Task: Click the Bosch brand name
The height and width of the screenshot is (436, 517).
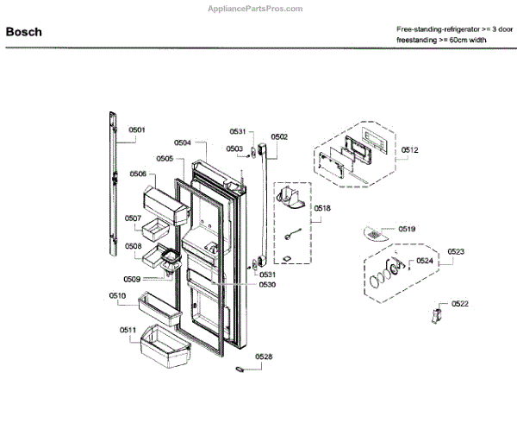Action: coord(23,32)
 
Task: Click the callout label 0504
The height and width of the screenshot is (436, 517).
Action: coord(183,142)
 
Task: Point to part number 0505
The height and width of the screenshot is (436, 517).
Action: coord(165,158)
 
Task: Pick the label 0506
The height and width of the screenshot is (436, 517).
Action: coord(138,174)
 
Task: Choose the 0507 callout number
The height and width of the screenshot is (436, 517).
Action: coord(133,218)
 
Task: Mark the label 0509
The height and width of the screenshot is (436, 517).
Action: coord(131,278)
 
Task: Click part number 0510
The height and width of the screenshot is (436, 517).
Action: coord(117,296)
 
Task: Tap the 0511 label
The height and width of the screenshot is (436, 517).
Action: coord(128,330)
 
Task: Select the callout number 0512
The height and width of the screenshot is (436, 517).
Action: coord(409,150)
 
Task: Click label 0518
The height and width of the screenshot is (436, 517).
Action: coord(322,208)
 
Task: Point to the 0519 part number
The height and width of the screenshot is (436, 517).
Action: coord(407,229)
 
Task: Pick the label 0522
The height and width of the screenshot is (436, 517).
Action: coord(460,303)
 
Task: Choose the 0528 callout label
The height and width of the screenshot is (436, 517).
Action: coord(264,356)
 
